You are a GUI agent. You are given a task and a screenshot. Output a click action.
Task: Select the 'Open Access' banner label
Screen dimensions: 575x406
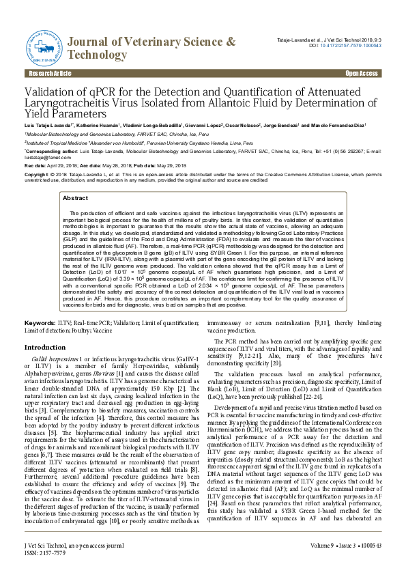[x=361, y=74]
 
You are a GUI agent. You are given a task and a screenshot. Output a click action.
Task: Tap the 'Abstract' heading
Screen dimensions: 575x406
[x=75, y=197]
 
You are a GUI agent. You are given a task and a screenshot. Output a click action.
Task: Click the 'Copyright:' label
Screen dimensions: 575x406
[x=38, y=175]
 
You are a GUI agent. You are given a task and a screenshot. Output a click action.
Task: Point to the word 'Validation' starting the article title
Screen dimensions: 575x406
[x=53, y=92]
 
